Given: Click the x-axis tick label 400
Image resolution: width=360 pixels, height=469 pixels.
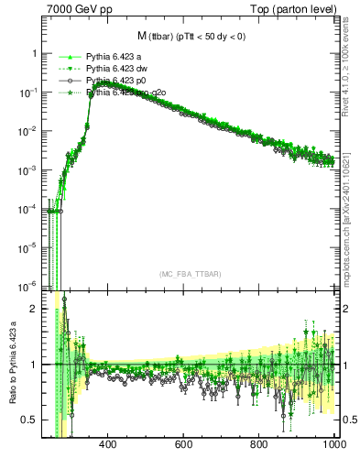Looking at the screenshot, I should click(107, 444).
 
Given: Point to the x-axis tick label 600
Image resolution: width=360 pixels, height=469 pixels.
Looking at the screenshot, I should click(183, 444).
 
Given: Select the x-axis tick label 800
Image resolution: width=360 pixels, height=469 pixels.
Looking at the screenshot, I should click(259, 444).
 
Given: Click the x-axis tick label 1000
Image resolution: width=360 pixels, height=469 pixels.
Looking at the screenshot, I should click(333, 444).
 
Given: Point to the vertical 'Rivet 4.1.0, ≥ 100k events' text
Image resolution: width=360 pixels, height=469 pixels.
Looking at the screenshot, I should click(352, 73).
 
